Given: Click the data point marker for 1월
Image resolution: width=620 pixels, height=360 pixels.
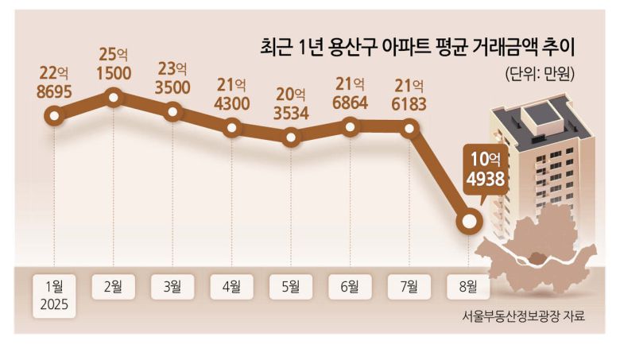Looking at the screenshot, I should [x=54, y=117].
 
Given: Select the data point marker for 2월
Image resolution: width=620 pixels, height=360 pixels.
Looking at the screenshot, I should [x=114, y=98].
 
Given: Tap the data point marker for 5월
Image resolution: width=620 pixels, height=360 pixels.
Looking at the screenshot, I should [x=292, y=138].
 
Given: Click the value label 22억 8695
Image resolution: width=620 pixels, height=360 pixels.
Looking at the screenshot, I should [x=54, y=83].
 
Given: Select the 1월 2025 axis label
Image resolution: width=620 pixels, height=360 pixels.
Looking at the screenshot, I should [x=54, y=295].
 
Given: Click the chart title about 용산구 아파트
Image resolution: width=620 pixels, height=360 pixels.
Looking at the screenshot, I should [x=416, y=48].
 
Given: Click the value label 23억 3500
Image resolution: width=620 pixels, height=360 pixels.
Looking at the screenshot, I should [x=173, y=77].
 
